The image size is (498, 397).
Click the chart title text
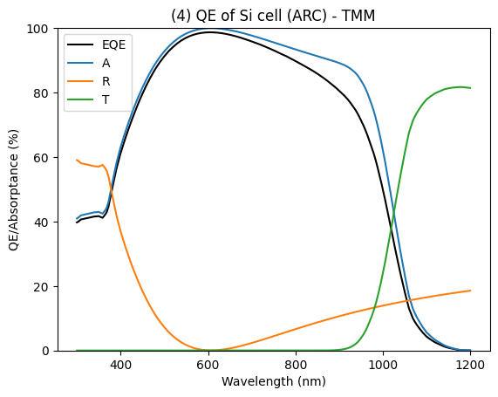click(273, 16)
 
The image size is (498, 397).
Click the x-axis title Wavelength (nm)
click(274, 381)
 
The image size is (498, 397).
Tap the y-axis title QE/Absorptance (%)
click(14, 189)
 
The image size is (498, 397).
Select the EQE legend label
click(113, 44)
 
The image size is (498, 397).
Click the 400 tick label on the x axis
click(120, 365)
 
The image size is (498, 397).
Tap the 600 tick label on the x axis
click(208, 365)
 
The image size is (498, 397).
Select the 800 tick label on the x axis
click(296, 365)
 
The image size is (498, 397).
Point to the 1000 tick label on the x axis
click(383, 365)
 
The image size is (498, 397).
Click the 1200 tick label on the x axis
click(471, 365)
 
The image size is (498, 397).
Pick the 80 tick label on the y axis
click(41, 93)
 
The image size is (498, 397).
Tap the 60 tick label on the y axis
click(41, 158)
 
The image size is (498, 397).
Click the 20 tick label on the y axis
click(41, 287)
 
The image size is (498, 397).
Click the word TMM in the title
click(358, 16)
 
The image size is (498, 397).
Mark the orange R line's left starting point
click(77, 160)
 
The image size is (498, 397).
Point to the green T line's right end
click(470, 88)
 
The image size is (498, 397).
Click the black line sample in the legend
click(80, 44)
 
